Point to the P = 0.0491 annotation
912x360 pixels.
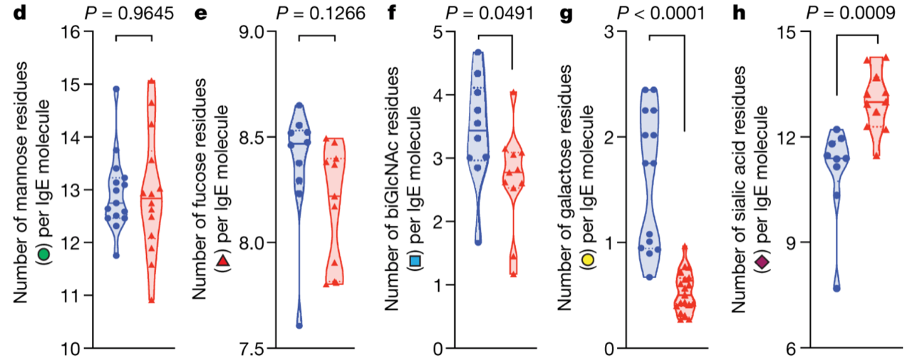[491, 12]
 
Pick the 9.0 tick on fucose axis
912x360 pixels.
[254, 31]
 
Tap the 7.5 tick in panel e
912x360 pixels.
[254, 348]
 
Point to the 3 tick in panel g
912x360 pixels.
[610, 31]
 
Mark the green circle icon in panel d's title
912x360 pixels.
[44, 253]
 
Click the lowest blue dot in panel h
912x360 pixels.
[836, 288]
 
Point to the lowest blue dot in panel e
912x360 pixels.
[299, 325]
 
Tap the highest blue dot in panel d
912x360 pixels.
[116, 89]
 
